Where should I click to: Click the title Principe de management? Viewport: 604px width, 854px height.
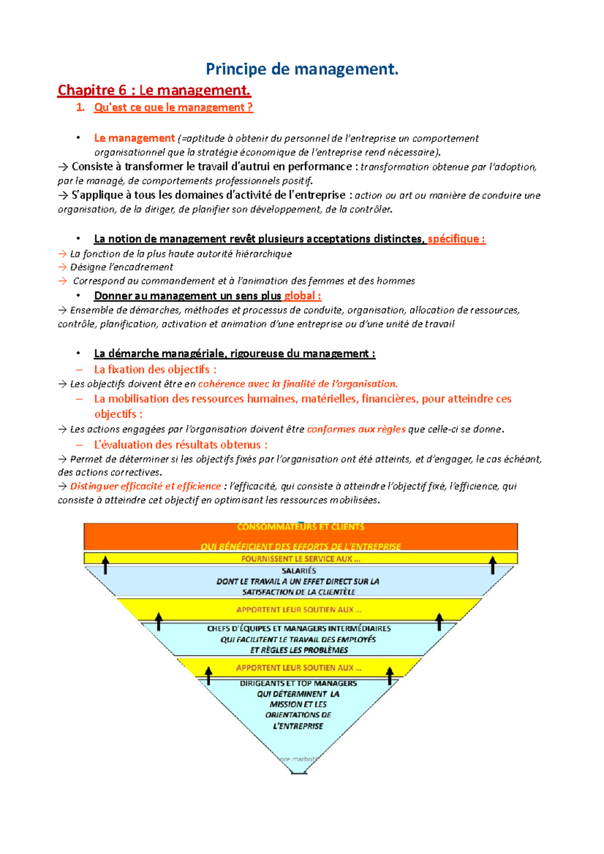302,69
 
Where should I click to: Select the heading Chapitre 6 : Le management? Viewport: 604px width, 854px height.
154,91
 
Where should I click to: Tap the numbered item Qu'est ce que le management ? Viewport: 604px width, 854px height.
173,108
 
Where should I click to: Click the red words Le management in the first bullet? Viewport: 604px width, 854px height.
134,138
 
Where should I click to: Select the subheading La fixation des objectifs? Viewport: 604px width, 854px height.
155,370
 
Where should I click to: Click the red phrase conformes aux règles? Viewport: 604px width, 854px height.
356,429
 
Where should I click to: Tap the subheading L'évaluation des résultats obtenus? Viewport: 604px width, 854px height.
180,445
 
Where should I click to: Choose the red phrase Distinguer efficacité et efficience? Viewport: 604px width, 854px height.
145,486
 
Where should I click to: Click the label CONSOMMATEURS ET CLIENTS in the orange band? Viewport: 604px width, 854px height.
300,527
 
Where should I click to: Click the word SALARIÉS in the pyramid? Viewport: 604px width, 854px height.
298,571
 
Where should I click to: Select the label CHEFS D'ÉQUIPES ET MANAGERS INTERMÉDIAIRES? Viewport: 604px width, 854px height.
298,629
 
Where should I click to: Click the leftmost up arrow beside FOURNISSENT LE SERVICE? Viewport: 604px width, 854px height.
105,565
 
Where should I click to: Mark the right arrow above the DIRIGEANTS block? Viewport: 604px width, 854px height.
390,675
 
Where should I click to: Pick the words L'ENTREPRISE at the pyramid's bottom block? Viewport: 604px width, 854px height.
298,726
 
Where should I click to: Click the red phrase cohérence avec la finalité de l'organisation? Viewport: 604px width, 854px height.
297,384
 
